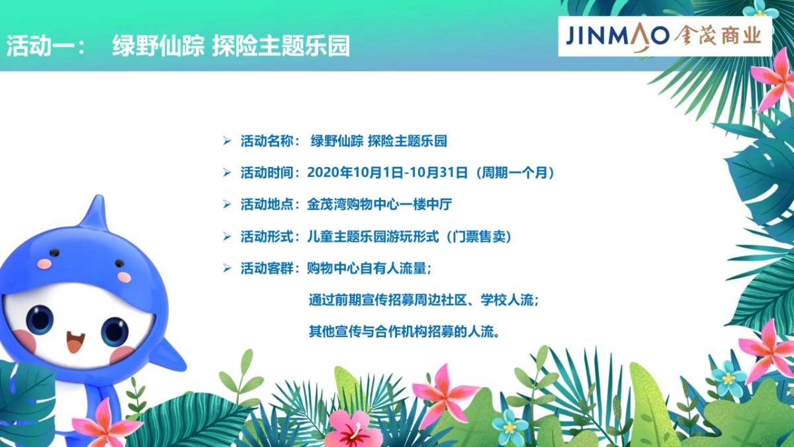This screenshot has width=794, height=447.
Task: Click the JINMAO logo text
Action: click(617, 36)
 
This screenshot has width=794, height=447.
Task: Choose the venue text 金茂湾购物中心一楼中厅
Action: click(379, 205)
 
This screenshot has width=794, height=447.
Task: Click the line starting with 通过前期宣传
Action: click(423, 300)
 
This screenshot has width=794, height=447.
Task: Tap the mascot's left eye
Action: click(40, 320)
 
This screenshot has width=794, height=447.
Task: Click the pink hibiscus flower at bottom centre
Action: click(354, 428)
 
